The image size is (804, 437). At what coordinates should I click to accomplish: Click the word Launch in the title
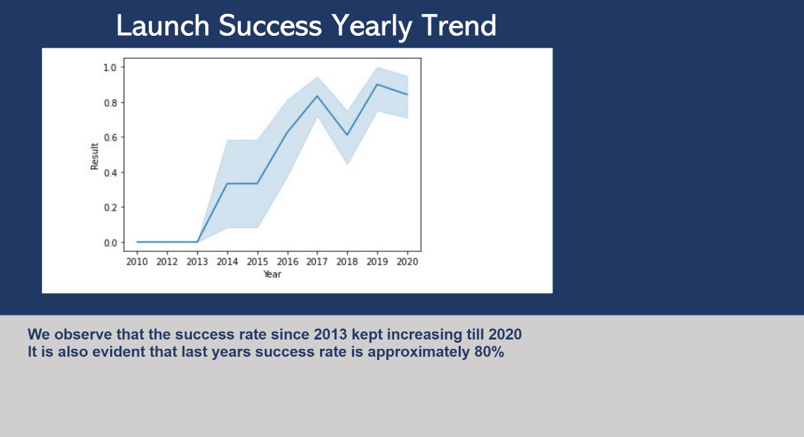(163, 25)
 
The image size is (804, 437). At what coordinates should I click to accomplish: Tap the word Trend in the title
(459, 25)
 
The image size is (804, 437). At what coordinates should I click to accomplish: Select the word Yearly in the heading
(371, 27)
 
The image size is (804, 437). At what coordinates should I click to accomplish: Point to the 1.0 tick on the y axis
(110, 68)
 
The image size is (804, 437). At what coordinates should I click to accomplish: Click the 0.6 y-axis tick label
(110, 138)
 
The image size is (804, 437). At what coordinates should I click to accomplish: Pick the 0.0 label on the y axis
(110, 243)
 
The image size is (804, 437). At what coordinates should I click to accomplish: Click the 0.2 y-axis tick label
(110, 208)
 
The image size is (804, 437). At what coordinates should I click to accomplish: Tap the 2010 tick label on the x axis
(137, 262)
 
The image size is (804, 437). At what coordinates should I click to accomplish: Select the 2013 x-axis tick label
(197, 262)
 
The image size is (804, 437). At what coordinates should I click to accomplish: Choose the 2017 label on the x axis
(317, 262)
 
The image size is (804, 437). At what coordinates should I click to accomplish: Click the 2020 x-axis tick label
(408, 262)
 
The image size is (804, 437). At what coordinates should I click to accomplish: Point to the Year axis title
(272, 275)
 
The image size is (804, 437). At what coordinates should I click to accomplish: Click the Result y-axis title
(94, 156)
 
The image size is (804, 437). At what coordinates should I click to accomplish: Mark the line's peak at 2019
(377, 84)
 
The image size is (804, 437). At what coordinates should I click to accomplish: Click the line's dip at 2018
(347, 135)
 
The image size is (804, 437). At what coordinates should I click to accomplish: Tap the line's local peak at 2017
(317, 95)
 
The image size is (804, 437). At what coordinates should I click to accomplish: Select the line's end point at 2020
(408, 95)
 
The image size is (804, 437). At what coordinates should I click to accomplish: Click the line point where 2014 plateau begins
(227, 184)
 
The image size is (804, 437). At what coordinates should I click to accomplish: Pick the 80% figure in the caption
(489, 352)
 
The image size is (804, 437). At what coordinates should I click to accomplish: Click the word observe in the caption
(83, 334)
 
